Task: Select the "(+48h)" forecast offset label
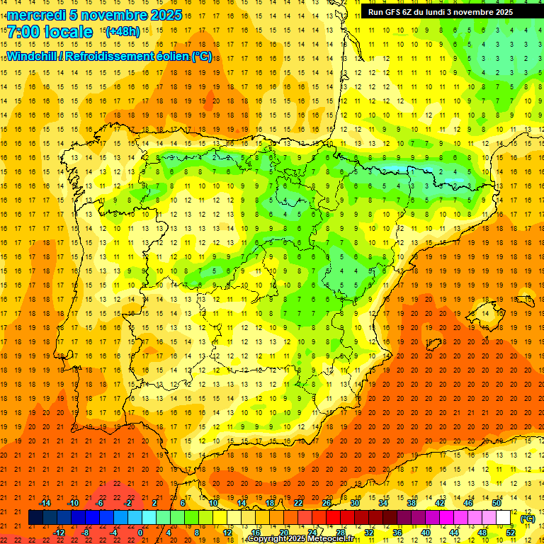click(x=122, y=31)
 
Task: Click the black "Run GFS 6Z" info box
click(x=446, y=11)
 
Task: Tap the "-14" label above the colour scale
click(x=45, y=503)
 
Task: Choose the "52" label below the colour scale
click(x=511, y=533)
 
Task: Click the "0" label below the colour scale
click(x=140, y=533)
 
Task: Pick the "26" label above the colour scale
click(x=327, y=503)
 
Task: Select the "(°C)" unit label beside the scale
click(x=528, y=518)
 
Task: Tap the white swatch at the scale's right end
click(x=504, y=518)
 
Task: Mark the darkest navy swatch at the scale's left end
click(x=35, y=518)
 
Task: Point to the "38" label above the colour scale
click(x=412, y=503)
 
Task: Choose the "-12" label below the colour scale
click(x=59, y=533)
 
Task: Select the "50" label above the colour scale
click(x=497, y=503)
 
